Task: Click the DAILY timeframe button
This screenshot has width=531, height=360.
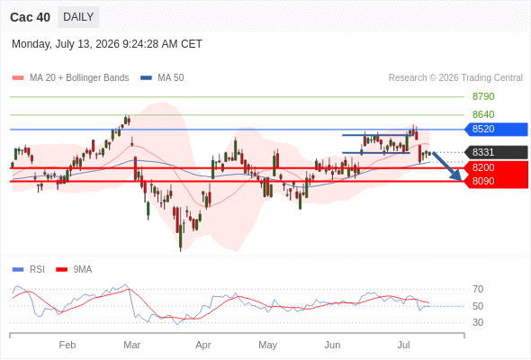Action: coord(78,17)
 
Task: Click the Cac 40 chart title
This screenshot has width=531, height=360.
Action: coord(30,17)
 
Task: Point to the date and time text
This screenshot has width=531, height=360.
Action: coord(107,44)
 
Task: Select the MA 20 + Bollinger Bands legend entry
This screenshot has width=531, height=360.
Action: coord(70,78)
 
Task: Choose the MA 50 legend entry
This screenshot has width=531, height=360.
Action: coord(162,78)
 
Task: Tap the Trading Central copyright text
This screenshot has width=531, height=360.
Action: coord(455,78)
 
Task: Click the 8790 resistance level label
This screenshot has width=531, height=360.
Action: coord(483,96)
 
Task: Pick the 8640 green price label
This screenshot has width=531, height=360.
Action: coord(483,114)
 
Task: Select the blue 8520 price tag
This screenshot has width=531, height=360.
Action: coord(496,129)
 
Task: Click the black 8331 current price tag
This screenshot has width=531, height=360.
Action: coord(496,152)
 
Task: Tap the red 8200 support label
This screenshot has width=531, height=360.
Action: coord(496,167)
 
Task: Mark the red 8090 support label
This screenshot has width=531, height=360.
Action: coord(496,181)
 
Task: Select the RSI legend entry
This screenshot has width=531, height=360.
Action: coord(29,270)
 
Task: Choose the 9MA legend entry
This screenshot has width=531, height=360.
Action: coord(74,270)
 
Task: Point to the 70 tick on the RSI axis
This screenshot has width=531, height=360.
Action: coord(478,289)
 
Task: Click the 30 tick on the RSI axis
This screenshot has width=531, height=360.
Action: coord(478,322)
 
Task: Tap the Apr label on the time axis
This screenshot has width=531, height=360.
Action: coord(203,345)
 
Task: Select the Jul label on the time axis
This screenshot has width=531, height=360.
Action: coord(404,345)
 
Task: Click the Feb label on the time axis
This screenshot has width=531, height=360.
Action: coord(67,345)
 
